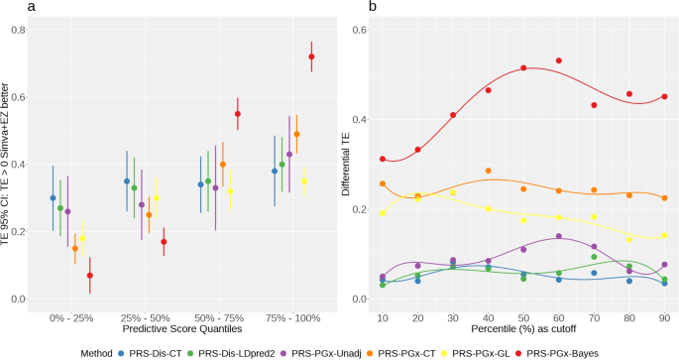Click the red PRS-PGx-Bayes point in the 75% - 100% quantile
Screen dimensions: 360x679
pos(311,57)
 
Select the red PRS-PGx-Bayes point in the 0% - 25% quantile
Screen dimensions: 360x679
pos(90,276)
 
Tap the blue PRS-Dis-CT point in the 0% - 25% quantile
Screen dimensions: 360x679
pos(53,198)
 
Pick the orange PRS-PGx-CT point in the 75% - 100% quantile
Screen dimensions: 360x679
pos(296,134)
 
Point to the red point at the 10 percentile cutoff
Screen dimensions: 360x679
pos(383,159)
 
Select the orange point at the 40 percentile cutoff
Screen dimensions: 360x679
pos(489,171)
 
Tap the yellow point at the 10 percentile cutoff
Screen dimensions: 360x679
pos(383,213)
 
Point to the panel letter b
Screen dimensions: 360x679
pos(344,8)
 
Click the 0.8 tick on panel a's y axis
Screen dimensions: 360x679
pos(19,31)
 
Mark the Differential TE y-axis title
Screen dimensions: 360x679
pos(347,165)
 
